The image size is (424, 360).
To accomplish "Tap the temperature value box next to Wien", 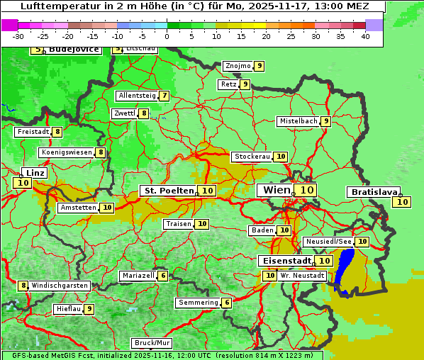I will point(306,190).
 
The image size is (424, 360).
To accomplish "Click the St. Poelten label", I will point(168,191).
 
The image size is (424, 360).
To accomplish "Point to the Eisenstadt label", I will point(284,261).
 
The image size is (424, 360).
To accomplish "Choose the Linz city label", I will point(35,173).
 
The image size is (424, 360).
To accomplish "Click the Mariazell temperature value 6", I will point(164,276).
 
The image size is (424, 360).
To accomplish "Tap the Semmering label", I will point(198,303).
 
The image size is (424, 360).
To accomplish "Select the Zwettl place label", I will point(124,113).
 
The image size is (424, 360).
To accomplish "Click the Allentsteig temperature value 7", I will point(164,96).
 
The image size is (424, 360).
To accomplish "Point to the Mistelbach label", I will point(298,121).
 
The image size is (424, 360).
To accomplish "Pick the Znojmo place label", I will point(238,66).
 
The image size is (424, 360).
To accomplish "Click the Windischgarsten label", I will point(60,286).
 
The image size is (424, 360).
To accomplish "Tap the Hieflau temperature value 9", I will point(89,309).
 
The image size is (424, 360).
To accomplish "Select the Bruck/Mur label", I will point(152,343).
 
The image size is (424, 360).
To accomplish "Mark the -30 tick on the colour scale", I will point(18,36).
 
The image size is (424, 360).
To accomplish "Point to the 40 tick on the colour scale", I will point(365,36).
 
